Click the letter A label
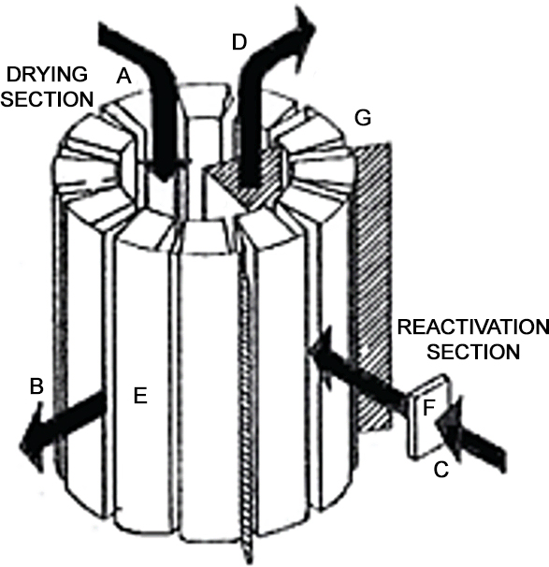123,77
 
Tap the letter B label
36,385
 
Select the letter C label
441,470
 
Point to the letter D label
239,42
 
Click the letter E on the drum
140,395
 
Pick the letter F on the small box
428,408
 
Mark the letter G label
363,118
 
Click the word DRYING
47,75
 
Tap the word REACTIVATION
472,327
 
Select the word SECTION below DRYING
47,99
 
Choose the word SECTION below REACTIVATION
473,352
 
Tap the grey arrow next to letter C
470,435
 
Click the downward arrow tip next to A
165,179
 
